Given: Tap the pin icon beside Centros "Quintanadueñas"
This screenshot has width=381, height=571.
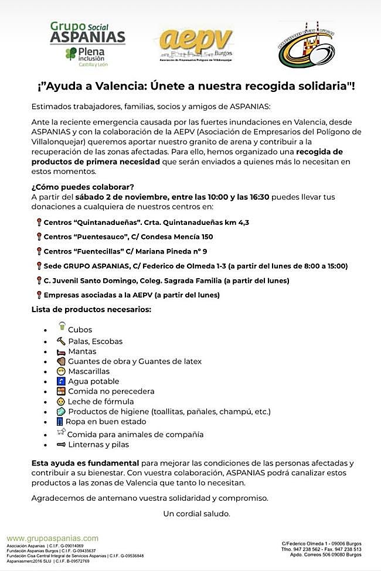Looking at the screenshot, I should (x=39, y=223).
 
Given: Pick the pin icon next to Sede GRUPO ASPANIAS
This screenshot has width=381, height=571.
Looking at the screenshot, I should (x=39, y=266).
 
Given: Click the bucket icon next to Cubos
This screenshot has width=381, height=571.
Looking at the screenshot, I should (x=60, y=327).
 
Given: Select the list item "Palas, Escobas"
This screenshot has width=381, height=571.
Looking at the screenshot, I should (x=95, y=341).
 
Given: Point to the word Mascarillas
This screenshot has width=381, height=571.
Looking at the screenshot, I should (x=89, y=371).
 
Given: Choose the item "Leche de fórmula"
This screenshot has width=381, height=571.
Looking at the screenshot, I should (x=101, y=401).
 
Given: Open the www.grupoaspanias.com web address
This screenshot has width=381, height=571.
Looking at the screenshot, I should (x=53, y=538).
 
